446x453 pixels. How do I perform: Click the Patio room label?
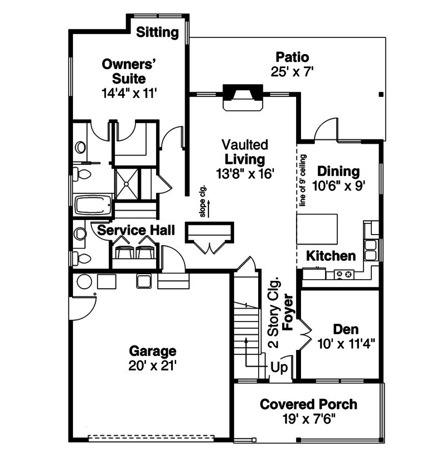[292, 57]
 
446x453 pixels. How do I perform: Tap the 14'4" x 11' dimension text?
[129, 93]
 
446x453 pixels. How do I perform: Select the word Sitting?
[157, 32]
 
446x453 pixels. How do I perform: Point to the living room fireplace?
[243, 97]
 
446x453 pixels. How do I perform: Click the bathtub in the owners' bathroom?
[93, 205]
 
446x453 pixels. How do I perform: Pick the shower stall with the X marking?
[127, 184]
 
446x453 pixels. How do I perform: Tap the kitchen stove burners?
[344, 275]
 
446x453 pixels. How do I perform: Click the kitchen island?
[317, 229]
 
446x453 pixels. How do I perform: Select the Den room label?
[346, 329]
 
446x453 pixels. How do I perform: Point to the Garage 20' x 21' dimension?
[152, 366]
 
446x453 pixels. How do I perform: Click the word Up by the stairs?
[279, 368]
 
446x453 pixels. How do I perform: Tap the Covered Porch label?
[308, 404]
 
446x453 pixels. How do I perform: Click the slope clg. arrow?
[209, 208]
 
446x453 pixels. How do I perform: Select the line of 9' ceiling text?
[303, 181]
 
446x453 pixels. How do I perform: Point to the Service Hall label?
[136, 230]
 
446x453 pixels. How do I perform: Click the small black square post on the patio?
[381, 94]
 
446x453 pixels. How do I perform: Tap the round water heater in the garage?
[84, 282]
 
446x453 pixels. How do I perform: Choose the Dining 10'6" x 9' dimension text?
[338, 186]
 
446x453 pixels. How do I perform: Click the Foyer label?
[288, 312]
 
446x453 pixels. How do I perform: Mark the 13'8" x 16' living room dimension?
[245, 174]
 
